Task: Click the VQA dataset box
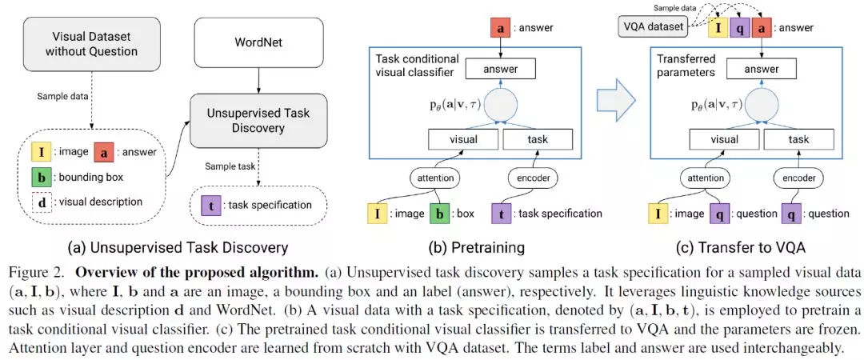(x=652, y=27)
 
